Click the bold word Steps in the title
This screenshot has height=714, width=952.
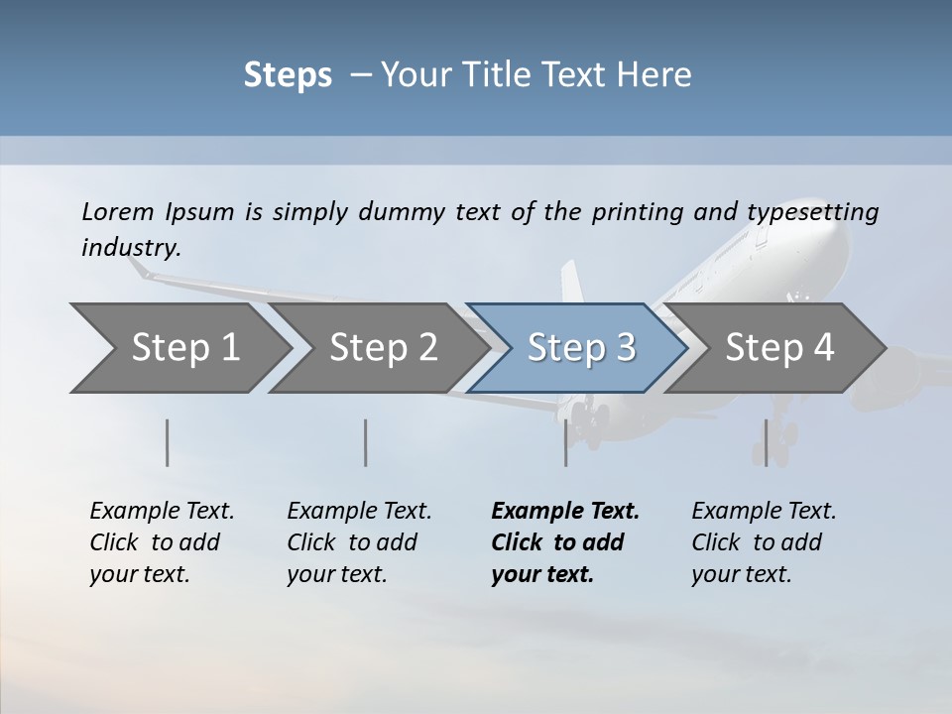point(288,75)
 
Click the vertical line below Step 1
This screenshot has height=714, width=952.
point(168,442)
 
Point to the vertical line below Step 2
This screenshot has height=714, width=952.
point(366,442)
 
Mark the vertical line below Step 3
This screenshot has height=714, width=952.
point(566,442)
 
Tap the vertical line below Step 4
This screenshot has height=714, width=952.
point(766,442)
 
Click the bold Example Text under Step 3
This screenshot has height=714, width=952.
point(565,542)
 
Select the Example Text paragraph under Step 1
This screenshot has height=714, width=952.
point(162,542)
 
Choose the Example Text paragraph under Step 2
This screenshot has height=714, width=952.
point(359,542)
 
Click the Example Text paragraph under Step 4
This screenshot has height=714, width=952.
point(764,542)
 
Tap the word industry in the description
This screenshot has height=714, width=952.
point(130,248)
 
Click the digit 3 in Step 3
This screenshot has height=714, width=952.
point(625,348)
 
